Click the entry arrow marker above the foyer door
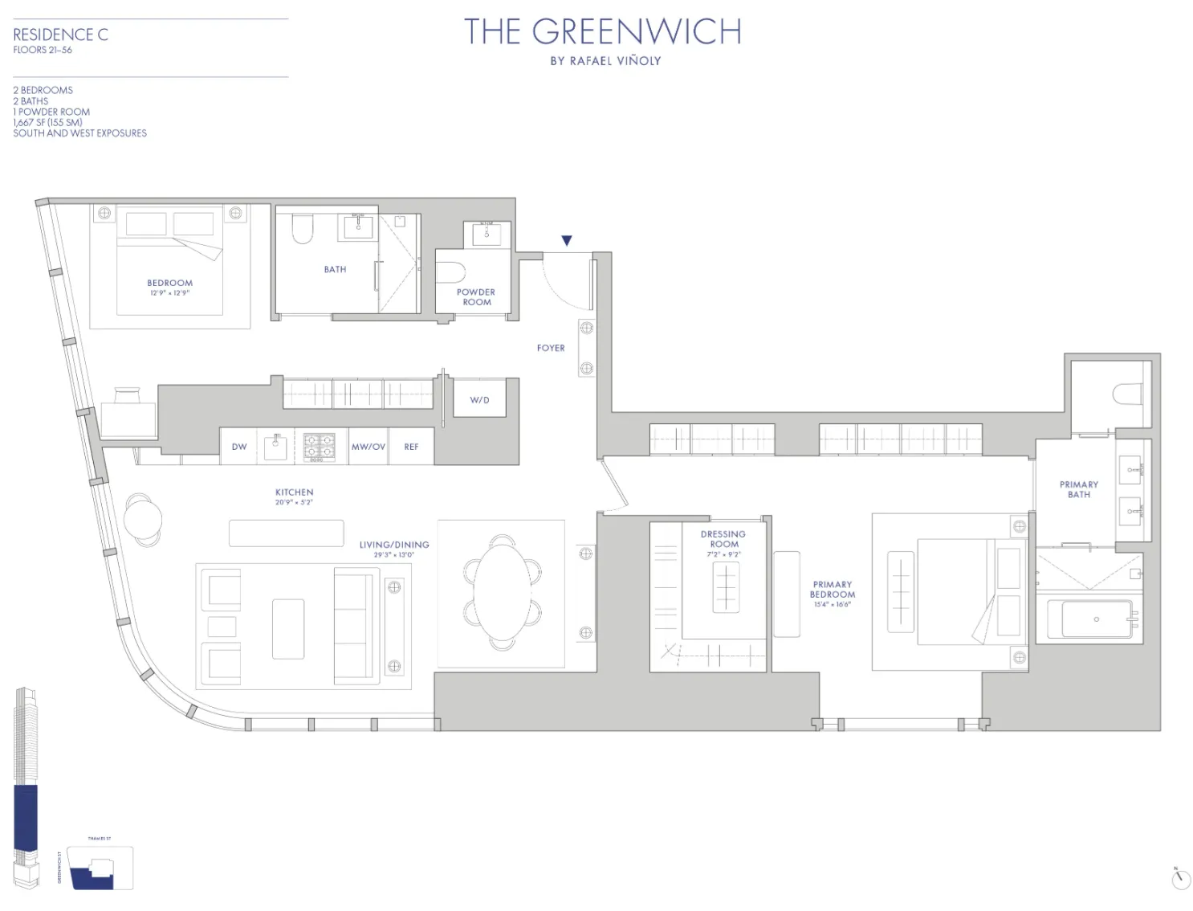click(566, 240)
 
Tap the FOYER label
click(551, 348)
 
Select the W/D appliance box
click(479, 400)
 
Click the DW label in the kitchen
click(239, 447)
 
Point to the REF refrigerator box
click(411, 447)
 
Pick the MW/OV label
click(368, 447)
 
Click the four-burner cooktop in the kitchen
click(319, 447)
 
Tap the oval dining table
click(503, 592)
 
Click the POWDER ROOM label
click(476, 297)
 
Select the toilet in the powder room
click(451, 272)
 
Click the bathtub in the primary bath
click(1097, 619)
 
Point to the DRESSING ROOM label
click(723, 539)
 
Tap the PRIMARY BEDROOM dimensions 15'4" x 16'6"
click(832, 604)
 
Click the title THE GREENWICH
click(602, 32)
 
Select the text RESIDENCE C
click(60, 35)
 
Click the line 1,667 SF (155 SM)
click(48, 122)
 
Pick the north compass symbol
click(1181, 879)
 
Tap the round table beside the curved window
click(143, 517)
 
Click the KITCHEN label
click(294, 492)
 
